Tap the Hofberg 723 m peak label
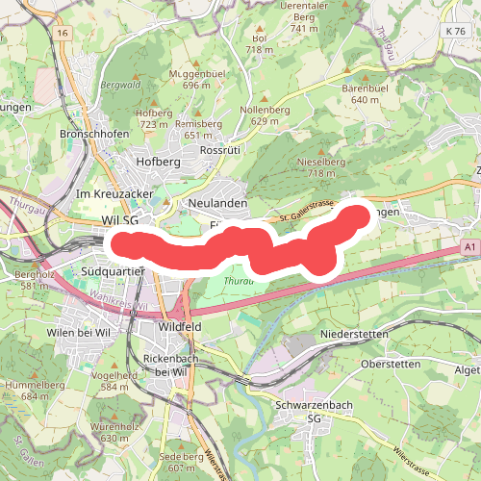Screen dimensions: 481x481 point(155,118)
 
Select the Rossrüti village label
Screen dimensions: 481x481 point(218,151)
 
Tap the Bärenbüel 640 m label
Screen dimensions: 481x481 point(364,94)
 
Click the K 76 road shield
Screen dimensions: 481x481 point(455,32)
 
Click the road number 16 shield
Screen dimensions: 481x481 point(63,33)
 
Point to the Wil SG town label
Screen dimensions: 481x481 point(120,220)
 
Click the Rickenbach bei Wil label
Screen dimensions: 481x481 point(169,365)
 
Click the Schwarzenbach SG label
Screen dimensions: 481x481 point(313,412)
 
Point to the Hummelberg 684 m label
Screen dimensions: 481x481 point(27,390)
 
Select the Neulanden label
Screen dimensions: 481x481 point(218,204)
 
